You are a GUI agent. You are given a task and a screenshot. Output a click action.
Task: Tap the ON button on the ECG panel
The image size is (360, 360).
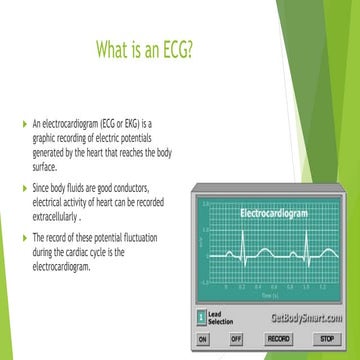pyautogui.click(x=204, y=339)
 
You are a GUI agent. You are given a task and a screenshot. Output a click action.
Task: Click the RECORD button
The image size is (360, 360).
pyautogui.click(x=279, y=339)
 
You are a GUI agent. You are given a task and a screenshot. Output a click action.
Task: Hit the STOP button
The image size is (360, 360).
pyautogui.click(x=326, y=339)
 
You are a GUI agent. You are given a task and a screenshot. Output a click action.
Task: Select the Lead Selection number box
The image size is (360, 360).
pyautogui.click(x=201, y=319)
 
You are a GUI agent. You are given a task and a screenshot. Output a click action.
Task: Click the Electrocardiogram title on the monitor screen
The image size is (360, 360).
pyautogui.click(x=272, y=213)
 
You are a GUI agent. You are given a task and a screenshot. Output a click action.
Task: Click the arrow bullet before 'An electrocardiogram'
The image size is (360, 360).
pyautogui.click(x=24, y=123)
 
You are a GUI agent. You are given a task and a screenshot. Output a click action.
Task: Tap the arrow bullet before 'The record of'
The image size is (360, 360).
pyautogui.click(x=24, y=237)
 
